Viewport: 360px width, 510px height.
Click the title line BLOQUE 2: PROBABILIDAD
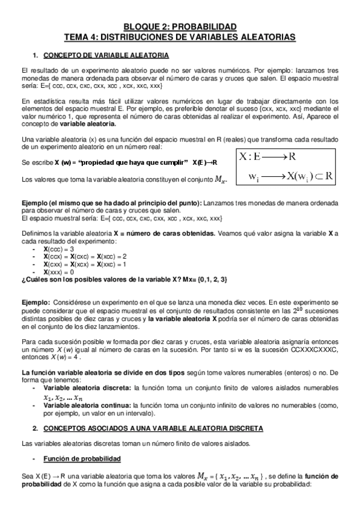pyautogui.click(x=180, y=26)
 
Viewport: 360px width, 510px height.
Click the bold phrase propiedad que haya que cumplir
pyautogui.click(x=132, y=163)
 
